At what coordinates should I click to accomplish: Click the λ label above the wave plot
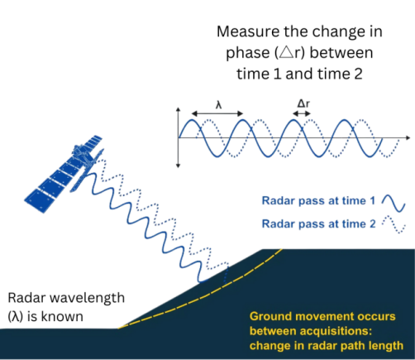pos(218,105)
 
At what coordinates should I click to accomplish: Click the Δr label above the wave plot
pos(303,103)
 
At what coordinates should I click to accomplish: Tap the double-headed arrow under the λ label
pos(217,113)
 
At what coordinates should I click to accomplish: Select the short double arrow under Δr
pos(302,113)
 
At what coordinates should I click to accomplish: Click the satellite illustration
pos(64,174)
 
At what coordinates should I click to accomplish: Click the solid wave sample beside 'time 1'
pos(394,204)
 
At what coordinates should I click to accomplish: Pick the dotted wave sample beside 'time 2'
pos(394,224)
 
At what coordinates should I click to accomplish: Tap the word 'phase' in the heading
pos(248,53)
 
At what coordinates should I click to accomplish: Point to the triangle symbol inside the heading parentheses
pos(286,53)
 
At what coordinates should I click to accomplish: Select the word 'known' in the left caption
pos(62,317)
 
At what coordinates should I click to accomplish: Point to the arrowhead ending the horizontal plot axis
pos(408,137)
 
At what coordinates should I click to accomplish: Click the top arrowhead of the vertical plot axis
pos(178,109)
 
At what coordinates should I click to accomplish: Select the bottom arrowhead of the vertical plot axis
pos(178,166)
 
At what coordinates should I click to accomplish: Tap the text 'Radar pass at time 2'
pos(318,223)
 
